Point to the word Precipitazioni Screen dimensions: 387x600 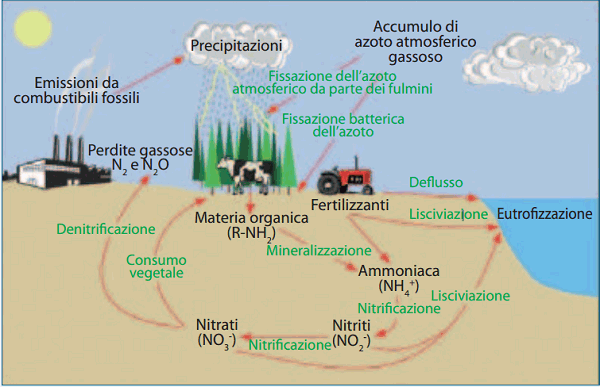[x=237, y=46]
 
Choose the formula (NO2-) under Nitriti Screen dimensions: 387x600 [x=351, y=340]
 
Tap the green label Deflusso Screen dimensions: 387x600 [x=436, y=181]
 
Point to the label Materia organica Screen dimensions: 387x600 [x=235, y=217]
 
